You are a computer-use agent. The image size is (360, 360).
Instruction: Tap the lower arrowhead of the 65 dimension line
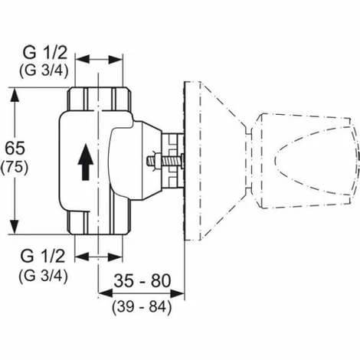pos(14,227)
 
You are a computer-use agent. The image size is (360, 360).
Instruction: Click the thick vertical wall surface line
pos(185,162)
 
